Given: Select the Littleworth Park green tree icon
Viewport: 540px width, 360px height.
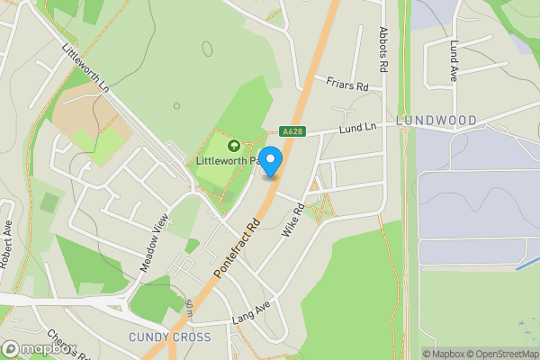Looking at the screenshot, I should point(234,145).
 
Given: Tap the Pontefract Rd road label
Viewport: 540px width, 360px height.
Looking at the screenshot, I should point(236,247).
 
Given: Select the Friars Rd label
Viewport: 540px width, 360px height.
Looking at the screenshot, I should point(348,84).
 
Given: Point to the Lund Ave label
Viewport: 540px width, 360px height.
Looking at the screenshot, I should point(454,62).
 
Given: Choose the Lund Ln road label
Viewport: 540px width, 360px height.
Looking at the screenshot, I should point(357,129).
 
